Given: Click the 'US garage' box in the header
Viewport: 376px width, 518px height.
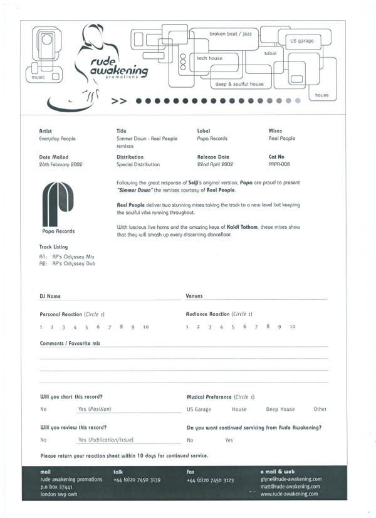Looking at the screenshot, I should pyautogui.click(x=301, y=41).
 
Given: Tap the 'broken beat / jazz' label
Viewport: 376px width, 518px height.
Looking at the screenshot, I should pyautogui.click(x=227, y=34).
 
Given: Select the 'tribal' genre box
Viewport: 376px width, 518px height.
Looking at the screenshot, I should pyautogui.click(x=270, y=54).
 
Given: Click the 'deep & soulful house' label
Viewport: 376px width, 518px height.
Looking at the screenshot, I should pyautogui.click(x=239, y=84).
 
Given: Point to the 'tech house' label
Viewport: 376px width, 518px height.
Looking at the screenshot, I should pyautogui.click(x=210, y=58).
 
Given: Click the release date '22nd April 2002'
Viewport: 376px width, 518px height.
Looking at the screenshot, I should pyautogui.click(x=215, y=164).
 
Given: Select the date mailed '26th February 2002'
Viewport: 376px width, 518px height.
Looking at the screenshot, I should pyautogui.click(x=60, y=164).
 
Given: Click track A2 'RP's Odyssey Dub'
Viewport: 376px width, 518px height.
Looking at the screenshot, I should pyautogui.click(x=67, y=264).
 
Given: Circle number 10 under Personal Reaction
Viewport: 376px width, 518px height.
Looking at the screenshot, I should pyautogui.click(x=145, y=327).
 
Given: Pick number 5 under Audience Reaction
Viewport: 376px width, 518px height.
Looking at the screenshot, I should pyautogui.click(x=232, y=327).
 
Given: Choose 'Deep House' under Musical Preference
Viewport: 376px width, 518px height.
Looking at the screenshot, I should pyautogui.click(x=280, y=409).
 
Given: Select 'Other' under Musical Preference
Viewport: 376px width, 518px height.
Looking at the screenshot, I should pyautogui.click(x=320, y=409).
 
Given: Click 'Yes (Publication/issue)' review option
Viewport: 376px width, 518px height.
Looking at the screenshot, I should pyautogui.click(x=106, y=440).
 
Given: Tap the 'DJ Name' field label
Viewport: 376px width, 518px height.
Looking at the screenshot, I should pyautogui.click(x=50, y=295).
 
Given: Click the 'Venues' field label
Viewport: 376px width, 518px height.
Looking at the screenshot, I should pyautogui.click(x=194, y=295).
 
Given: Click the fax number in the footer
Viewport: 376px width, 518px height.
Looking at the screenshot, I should pyautogui.click(x=211, y=480).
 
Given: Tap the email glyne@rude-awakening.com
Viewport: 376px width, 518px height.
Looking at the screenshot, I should pyautogui.click(x=290, y=478).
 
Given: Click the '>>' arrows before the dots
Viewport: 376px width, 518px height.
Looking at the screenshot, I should pyautogui.click(x=119, y=100).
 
